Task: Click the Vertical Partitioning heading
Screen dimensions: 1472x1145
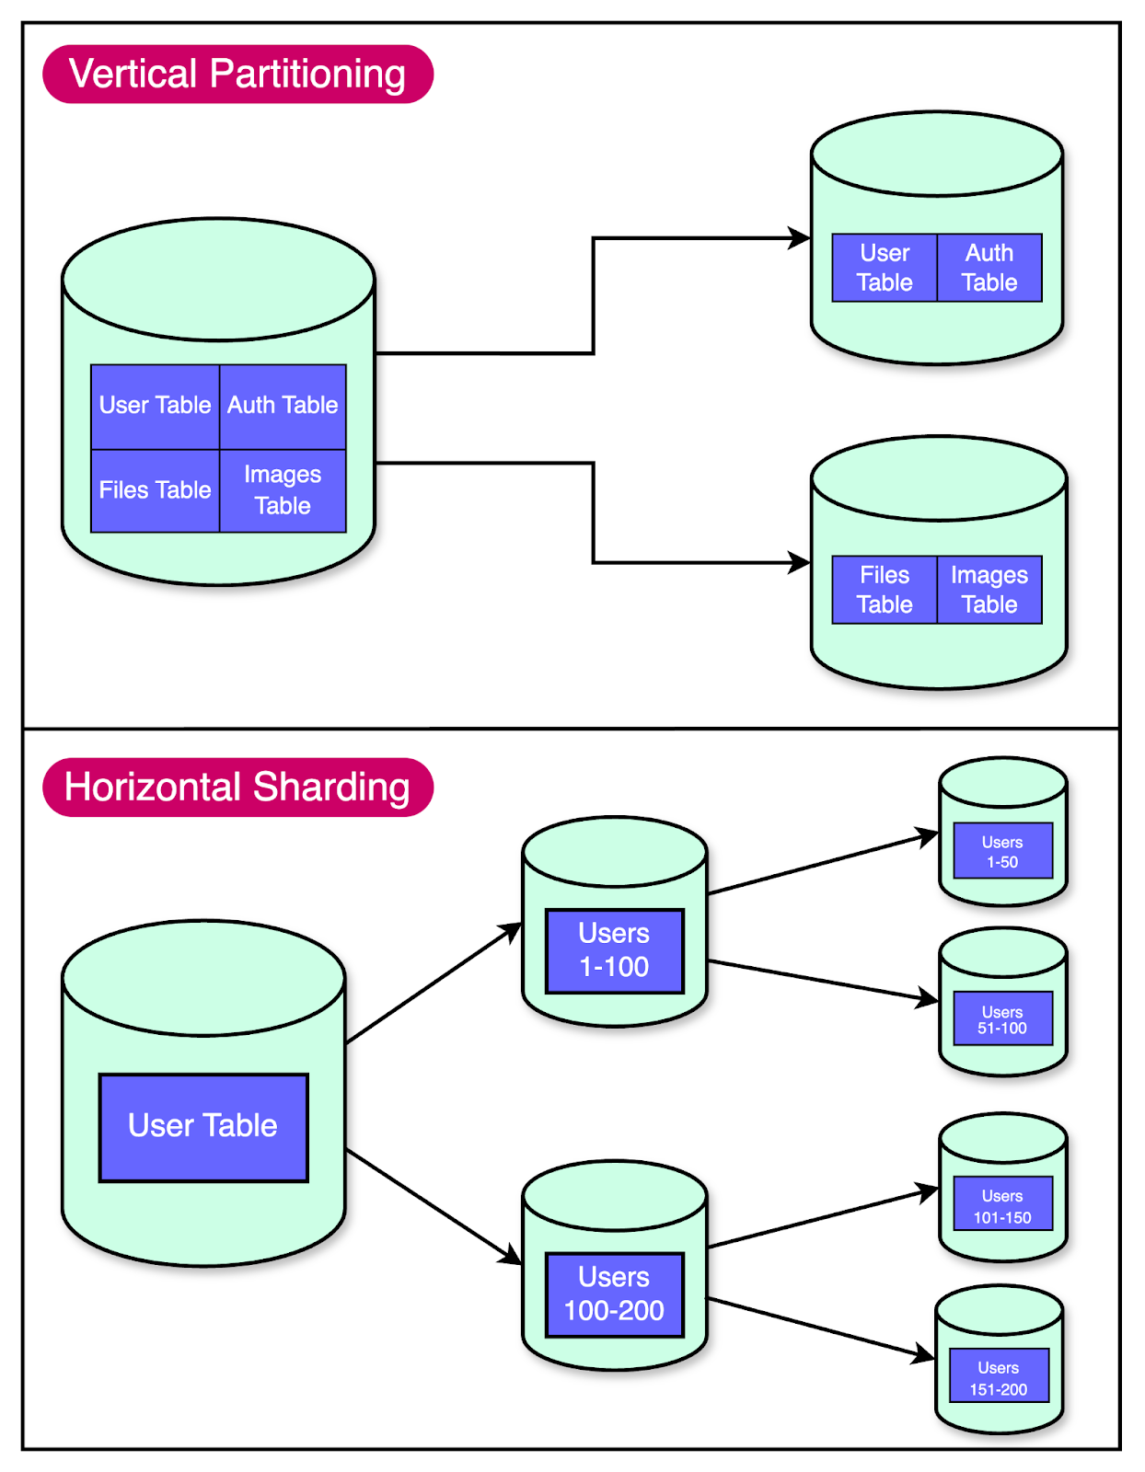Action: [237, 75]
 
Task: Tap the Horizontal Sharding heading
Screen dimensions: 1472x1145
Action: [237, 788]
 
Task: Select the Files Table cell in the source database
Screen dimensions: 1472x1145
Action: [155, 490]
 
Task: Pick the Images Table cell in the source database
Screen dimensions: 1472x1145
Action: [283, 490]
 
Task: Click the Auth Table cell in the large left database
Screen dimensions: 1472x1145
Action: [283, 406]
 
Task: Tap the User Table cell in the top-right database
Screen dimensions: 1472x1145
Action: [885, 268]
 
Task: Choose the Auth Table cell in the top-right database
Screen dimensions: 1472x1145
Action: [989, 268]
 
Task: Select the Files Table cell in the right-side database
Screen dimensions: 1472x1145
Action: [885, 590]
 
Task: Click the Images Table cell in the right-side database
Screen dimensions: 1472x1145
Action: [989, 590]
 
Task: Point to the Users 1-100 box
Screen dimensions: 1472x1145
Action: [614, 950]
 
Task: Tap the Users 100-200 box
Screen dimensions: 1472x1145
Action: [614, 1294]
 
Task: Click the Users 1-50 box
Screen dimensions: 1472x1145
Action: [1002, 851]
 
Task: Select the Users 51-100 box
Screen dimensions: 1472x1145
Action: [1002, 1019]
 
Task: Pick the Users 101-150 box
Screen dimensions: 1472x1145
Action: [1002, 1205]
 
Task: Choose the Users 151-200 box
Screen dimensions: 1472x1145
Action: [999, 1377]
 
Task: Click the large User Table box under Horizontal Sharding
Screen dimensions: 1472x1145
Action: [203, 1127]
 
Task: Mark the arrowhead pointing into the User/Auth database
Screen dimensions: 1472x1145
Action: [800, 238]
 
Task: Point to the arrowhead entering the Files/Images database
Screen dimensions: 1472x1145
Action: [800, 562]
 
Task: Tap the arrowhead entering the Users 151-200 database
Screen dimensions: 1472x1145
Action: [924, 1354]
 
